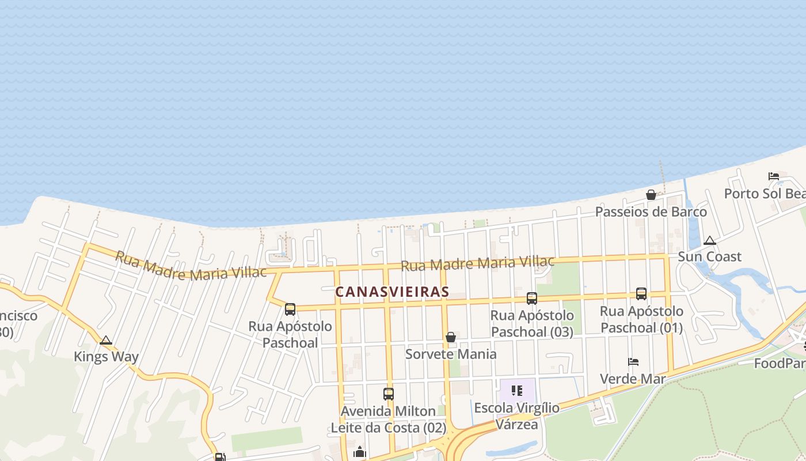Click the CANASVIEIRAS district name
[392, 292]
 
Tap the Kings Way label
[106, 357]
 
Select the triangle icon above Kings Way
[106, 341]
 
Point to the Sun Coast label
[709, 256]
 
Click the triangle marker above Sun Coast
[710, 241]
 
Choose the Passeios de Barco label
[651, 211]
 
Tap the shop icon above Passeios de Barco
[651, 195]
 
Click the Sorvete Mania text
[451, 354]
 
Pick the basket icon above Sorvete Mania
[451, 337]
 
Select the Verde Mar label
[633, 379]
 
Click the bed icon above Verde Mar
[633, 362]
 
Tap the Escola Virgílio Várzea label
[516, 416]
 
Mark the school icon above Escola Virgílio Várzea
[516, 391]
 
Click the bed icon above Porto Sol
[773, 176]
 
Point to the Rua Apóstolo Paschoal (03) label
[532, 323]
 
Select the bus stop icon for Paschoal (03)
[532, 298]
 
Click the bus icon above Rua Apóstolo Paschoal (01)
[641, 294]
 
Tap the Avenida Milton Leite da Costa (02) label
[389, 420]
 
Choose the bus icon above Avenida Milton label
[389, 394]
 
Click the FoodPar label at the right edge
[780, 364]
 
